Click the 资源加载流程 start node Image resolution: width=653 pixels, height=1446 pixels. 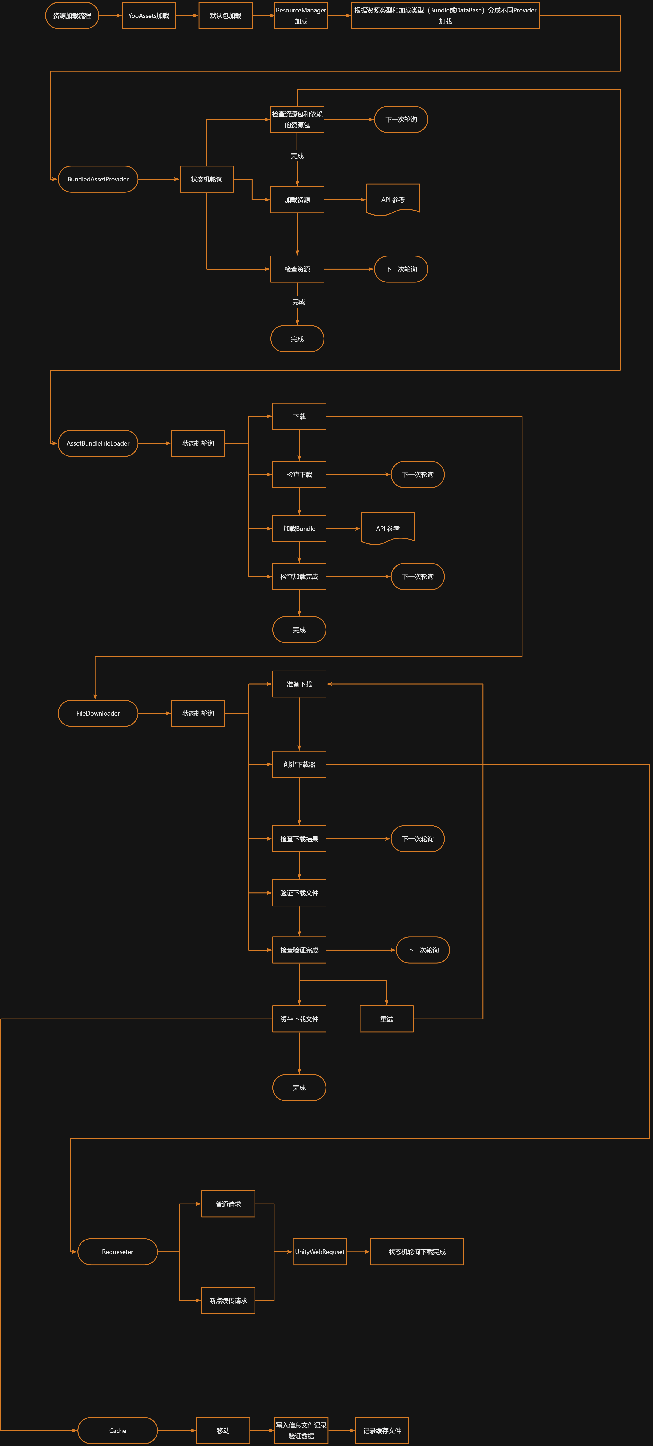pyautogui.click(x=72, y=16)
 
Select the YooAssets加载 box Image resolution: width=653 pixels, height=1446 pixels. pyautogui.click(x=149, y=16)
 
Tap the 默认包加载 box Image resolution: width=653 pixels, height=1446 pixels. pyautogui.click(x=225, y=16)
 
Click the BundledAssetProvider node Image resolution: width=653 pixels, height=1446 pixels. pyautogui.click(x=98, y=179)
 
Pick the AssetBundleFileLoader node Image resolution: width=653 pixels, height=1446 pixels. pyautogui.click(x=98, y=443)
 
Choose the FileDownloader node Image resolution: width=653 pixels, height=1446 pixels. pyautogui.click(x=98, y=714)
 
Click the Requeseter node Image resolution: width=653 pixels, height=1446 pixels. pyautogui.click(x=117, y=1252)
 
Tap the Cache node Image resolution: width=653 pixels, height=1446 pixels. pyautogui.click(x=117, y=1430)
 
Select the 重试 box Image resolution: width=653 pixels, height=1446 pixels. pyautogui.click(x=386, y=1019)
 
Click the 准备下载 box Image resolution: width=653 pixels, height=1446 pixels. pyautogui.click(x=299, y=684)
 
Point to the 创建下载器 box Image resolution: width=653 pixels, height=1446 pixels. pyautogui.click(x=299, y=765)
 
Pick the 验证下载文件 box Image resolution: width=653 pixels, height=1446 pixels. pyautogui.click(x=299, y=893)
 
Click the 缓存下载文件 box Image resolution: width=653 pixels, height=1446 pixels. pyautogui.click(x=299, y=1019)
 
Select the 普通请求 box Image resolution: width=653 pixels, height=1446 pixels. pyautogui.click(x=228, y=1204)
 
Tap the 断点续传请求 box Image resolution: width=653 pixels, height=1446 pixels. pyautogui.click(x=228, y=1301)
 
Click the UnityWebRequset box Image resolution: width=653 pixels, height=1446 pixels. pyautogui.click(x=319, y=1252)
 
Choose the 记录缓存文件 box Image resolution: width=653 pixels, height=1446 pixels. pyautogui.click(x=382, y=1430)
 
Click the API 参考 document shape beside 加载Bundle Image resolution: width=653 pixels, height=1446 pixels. pyautogui.click(x=387, y=528)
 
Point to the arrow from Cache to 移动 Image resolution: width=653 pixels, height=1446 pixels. pyautogui.click(x=177, y=1430)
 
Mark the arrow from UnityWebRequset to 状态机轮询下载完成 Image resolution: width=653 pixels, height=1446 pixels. pyautogui.click(x=358, y=1252)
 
